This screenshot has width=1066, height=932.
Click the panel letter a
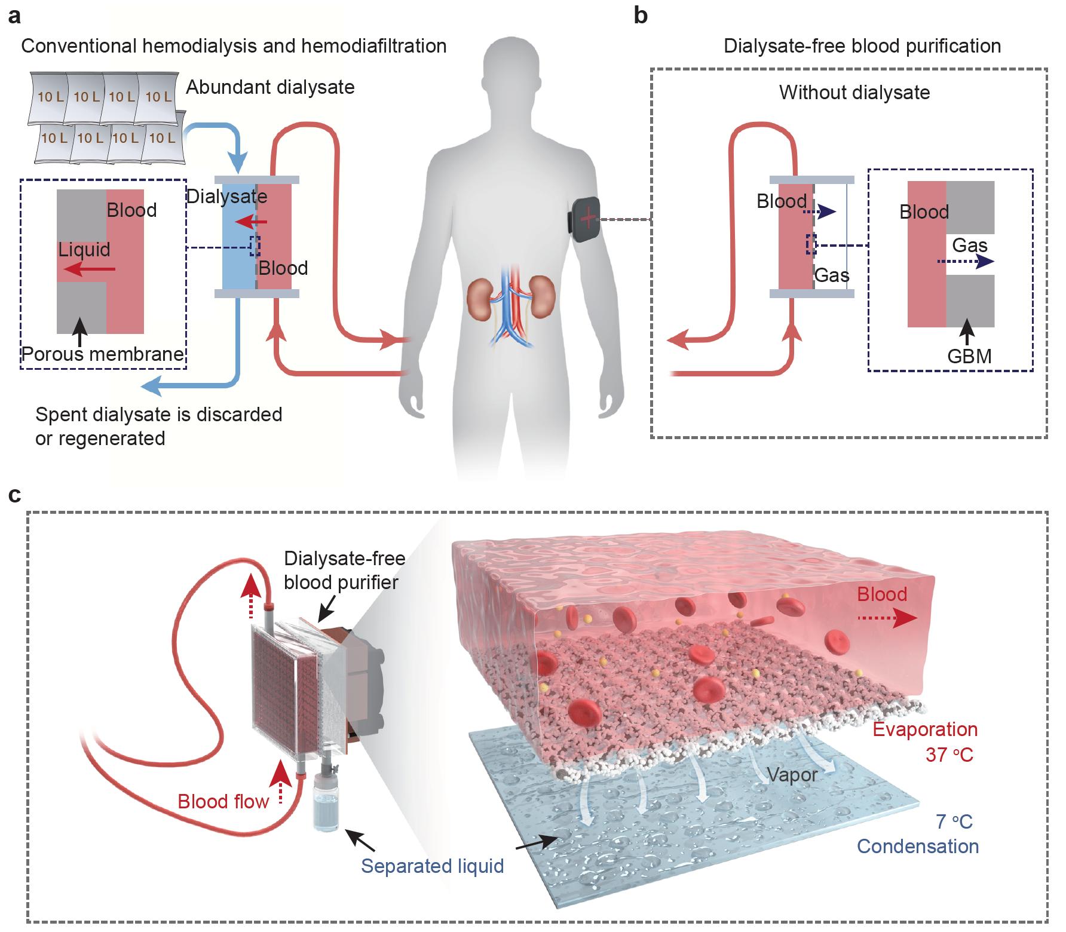pos(14,16)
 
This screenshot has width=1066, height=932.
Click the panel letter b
pos(641,16)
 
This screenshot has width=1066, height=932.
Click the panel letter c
pos(14,495)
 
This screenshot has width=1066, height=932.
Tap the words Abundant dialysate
pos(270,87)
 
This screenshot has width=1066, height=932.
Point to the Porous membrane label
pos(103,354)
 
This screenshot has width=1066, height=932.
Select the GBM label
pos(969,357)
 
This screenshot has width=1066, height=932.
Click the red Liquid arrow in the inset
pos(89,271)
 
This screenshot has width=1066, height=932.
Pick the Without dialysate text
pos(854,93)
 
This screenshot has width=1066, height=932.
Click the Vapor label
pos(792,775)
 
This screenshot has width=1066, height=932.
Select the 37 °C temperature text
pos(949,755)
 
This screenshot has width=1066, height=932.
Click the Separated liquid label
pos(432,866)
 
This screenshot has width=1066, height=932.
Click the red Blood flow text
pos(223,801)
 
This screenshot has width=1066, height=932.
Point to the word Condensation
pos(917,846)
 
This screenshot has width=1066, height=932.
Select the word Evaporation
pos(925,729)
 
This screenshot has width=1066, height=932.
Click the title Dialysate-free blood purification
pos(862,46)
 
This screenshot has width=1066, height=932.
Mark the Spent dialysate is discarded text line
pos(158,414)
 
